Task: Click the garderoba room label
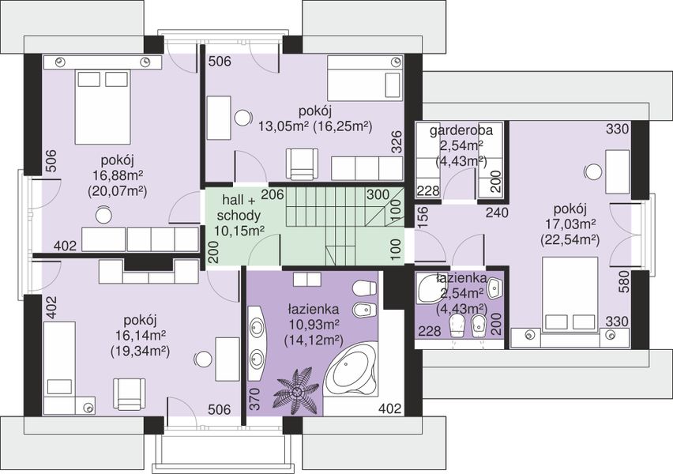(x=461, y=130)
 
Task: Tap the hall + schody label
(x=238, y=207)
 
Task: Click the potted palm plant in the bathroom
(x=296, y=390)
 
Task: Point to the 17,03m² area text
(x=570, y=224)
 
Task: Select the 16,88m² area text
(x=118, y=175)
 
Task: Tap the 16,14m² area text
(x=141, y=335)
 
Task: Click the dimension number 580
(x=624, y=282)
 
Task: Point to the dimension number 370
(x=254, y=399)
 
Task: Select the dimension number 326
(x=397, y=141)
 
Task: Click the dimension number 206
(x=273, y=194)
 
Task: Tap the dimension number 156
(x=423, y=216)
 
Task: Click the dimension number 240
(x=497, y=212)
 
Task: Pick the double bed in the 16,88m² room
(x=102, y=107)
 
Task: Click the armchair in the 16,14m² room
(x=129, y=394)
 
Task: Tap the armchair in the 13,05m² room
(x=303, y=164)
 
